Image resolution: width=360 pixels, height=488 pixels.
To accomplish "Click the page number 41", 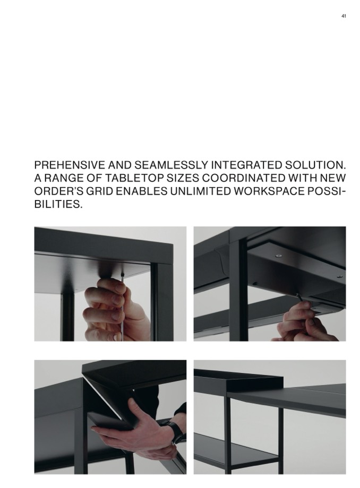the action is pyautogui.click(x=344, y=16).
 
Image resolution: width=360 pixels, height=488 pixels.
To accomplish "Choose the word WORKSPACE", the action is pyautogui.click(x=269, y=191).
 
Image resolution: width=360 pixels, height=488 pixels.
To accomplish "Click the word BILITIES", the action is pyautogui.click(x=58, y=204).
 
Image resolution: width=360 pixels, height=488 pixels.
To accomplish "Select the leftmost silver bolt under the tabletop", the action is pyautogui.click(x=278, y=256).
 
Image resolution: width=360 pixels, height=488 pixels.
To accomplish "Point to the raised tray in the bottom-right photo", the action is pyautogui.click(x=238, y=379).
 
